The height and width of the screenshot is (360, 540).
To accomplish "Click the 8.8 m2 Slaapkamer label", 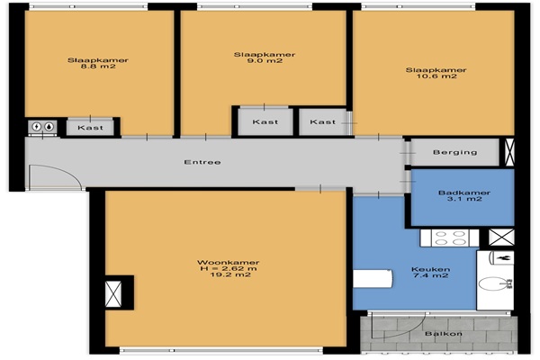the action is point(98,63).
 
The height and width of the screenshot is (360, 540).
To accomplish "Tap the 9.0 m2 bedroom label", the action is point(265,58).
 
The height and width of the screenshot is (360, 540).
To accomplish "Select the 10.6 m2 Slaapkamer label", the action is point(436,73).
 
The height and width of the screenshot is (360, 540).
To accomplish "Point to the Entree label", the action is point(202,162).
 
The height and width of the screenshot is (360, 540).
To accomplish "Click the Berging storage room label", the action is point(454,152).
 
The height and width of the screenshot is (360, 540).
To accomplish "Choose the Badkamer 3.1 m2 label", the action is point(463,195).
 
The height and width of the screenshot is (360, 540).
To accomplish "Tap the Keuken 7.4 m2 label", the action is point(430,272).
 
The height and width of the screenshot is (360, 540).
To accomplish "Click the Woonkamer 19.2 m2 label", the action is point(229,268).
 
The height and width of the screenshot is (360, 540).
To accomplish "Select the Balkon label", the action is point(444,334).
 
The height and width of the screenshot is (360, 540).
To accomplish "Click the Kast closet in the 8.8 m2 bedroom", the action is point(90,128).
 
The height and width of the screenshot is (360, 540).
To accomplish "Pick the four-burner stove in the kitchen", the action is point(449,238).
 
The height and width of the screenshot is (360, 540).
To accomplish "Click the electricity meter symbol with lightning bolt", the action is point(37,127).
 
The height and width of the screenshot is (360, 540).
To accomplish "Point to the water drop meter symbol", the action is point(49,127).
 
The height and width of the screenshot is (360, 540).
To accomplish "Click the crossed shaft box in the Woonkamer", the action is point(113,293).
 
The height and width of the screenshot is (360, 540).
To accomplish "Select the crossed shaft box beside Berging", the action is point(509,152).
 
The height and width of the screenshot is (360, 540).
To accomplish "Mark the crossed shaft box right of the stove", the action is point(501,237).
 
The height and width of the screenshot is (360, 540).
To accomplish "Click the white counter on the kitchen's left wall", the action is point(373,279).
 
